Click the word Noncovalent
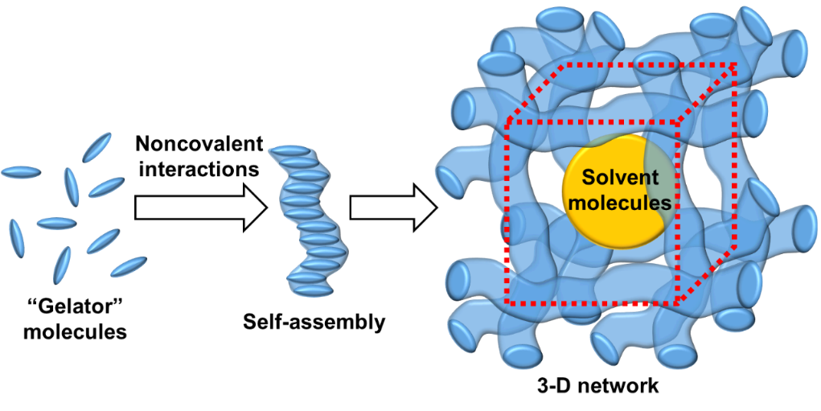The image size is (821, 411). [199, 145]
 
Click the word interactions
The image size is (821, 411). [197, 170]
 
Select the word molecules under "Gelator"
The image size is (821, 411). [74, 331]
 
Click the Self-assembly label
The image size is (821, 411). [314, 323]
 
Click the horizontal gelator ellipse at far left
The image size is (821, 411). [21, 171]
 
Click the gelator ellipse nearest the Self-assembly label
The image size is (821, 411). [129, 266]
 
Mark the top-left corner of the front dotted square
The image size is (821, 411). [507, 123]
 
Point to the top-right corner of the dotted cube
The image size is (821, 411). [735, 66]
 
